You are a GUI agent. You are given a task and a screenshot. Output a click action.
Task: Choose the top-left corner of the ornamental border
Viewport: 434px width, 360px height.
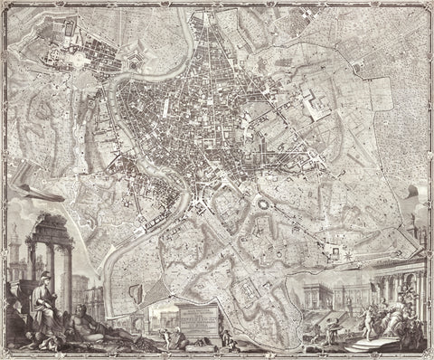pyautogui.click(x=4, y=4)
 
